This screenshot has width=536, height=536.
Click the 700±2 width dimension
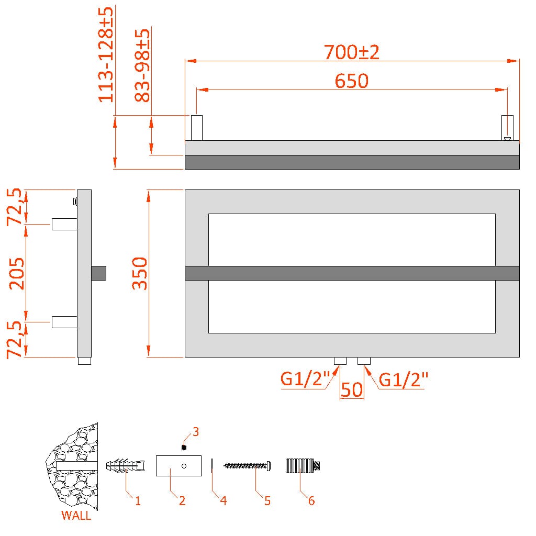351,52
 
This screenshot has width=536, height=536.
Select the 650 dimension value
351,81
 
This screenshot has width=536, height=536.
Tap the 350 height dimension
140,273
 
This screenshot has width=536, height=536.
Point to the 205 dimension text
16,273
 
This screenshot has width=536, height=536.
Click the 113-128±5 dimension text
106,54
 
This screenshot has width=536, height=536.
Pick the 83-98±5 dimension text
142,65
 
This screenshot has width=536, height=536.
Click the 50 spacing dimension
352,389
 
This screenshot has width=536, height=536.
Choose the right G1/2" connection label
404,379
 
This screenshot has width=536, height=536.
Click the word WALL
76,515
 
